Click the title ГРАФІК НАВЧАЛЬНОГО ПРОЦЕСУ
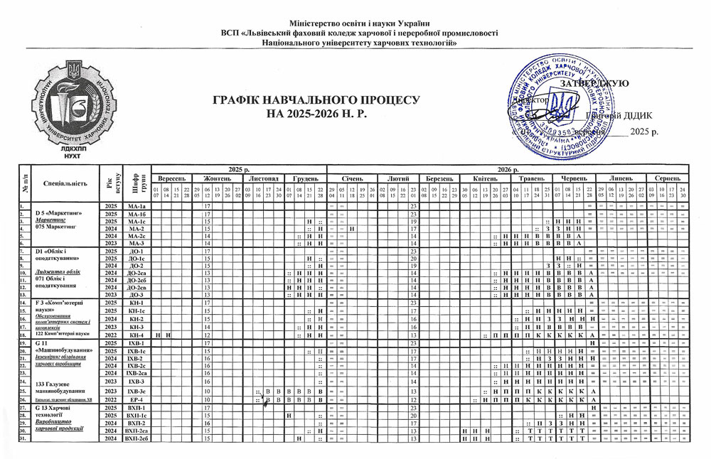click(316, 101)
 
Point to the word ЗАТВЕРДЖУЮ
click(594, 84)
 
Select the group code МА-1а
click(135, 206)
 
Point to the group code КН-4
click(135, 334)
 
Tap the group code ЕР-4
click(135, 399)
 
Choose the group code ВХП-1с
click(135, 415)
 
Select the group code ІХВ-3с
click(135, 391)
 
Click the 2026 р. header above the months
click(506, 168)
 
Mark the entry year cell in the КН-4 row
click(110, 334)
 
